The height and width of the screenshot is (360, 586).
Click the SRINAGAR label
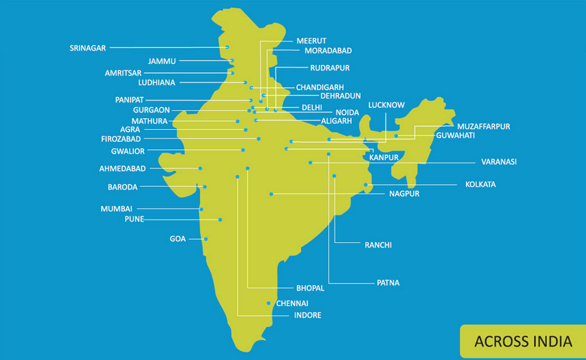[x=88, y=48]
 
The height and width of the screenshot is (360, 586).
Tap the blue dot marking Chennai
[x=269, y=303]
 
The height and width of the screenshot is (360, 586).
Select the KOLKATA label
[x=480, y=185]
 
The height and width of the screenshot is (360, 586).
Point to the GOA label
[x=178, y=239]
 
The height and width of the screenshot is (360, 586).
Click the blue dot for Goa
[x=206, y=239]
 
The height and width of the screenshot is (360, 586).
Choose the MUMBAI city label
[x=117, y=209]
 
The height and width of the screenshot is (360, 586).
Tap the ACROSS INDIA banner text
[x=523, y=342]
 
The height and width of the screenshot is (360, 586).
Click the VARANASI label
[x=499, y=162]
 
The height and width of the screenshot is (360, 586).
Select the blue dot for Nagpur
[x=271, y=194]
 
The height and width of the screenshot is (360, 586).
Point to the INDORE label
[x=308, y=315]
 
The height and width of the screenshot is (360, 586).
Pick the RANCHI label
[x=378, y=245]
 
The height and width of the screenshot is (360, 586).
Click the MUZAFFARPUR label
[x=483, y=126]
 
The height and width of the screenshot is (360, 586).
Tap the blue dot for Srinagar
[x=228, y=47]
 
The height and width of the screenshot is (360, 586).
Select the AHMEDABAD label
[x=122, y=169]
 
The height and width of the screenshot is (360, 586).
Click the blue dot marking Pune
[x=220, y=219]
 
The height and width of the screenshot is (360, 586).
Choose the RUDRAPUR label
[x=329, y=68]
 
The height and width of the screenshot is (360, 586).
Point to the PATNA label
[x=388, y=283]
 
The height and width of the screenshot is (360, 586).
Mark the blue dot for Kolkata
[x=366, y=185]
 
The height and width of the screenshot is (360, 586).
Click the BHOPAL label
[x=311, y=288]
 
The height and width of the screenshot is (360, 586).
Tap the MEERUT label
[x=311, y=41]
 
